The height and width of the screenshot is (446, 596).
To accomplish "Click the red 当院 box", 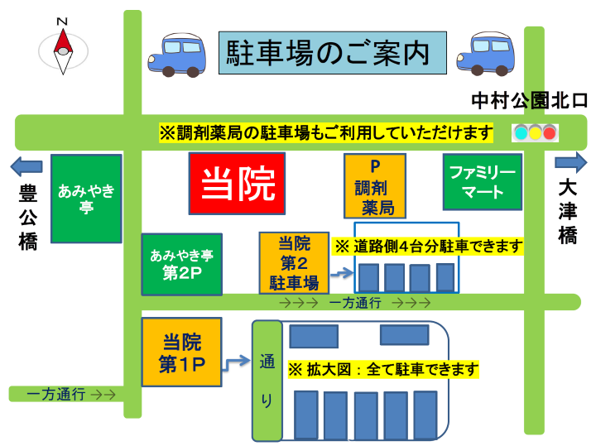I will pyautogui.click(x=237, y=183).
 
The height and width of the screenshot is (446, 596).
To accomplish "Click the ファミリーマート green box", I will pyautogui.click(x=483, y=181).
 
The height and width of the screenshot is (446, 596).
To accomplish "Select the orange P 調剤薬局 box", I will pyautogui.click(x=374, y=185).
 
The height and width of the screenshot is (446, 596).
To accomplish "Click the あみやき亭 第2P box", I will pyautogui.click(x=181, y=264).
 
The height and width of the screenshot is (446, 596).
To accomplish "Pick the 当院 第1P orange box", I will pyautogui.click(x=181, y=352).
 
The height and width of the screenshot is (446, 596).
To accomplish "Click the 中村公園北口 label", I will pyautogui.click(x=529, y=101).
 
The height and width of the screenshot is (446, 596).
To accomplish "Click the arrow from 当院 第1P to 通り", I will pyautogui.click(x=237, y=361).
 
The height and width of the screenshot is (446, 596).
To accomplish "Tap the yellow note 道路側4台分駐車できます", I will pyautogui.click(x=429, y=246).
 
